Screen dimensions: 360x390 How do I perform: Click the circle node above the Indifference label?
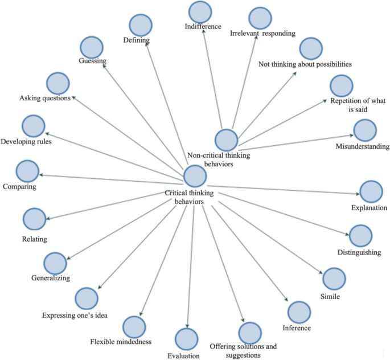[200, 13]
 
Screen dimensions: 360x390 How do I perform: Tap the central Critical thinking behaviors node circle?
[195, 176]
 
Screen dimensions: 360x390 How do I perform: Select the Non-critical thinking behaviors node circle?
[226, 140]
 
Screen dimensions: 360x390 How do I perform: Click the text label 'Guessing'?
[93, 60]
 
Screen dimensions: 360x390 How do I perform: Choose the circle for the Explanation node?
[371, 192]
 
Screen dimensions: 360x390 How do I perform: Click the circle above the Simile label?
[334, 278]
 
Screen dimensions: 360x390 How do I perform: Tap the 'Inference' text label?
[297, 328]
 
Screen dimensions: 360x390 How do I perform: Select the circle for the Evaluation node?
[186, 339]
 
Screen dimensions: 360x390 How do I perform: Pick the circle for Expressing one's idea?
[87, 298]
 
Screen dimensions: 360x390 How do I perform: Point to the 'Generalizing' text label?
[51, 279]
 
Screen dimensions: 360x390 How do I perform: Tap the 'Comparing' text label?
[19, 186]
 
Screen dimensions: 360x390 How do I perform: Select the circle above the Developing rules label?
[34, 125]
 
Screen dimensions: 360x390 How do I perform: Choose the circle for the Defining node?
[140, 24]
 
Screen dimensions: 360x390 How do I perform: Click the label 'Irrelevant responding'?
[262, 34]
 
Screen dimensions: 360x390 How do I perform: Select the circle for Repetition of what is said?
[342, 86]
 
